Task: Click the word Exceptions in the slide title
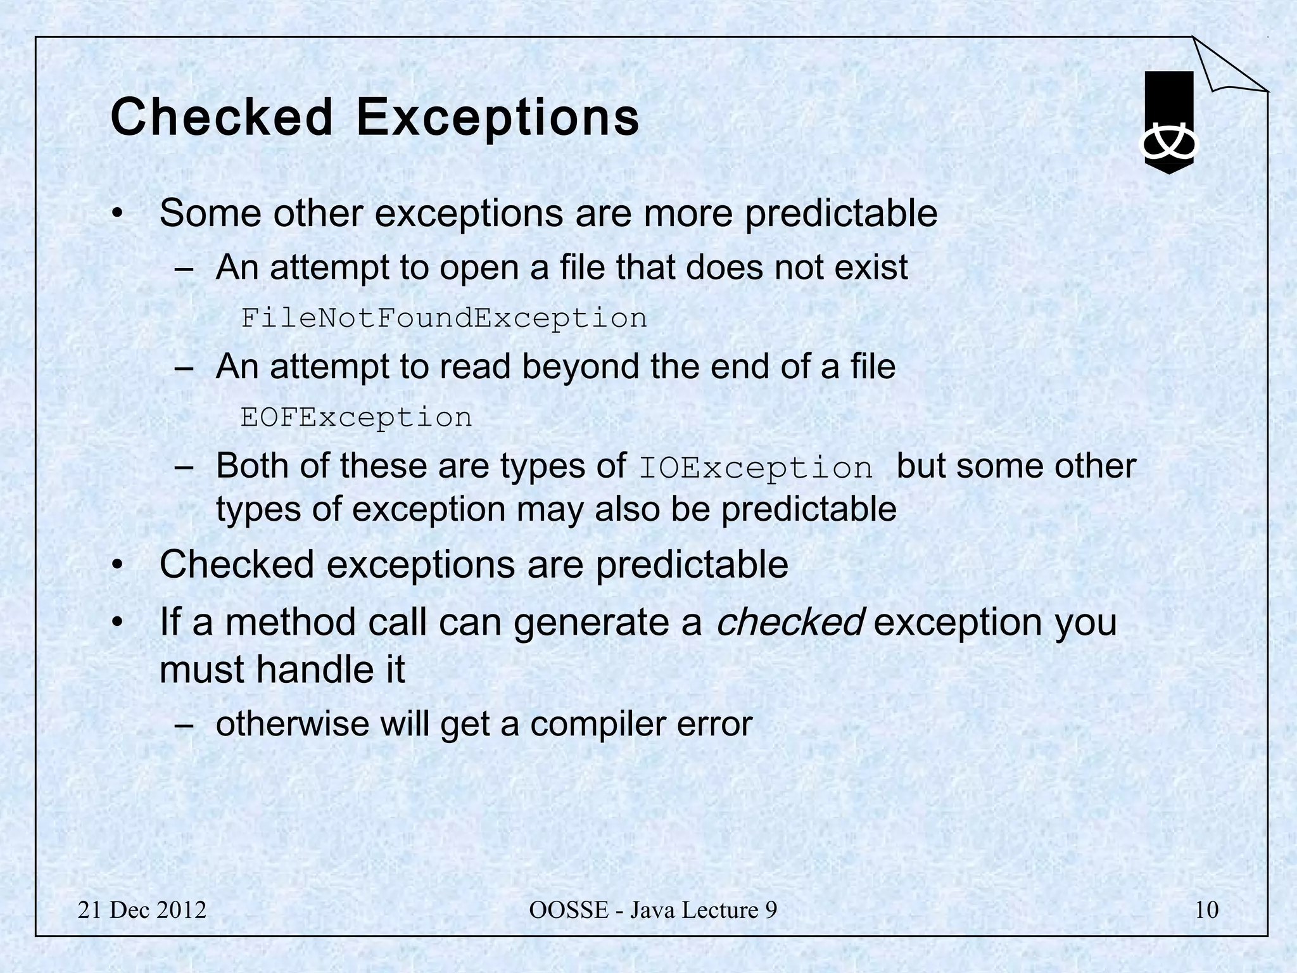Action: click(x=498, y=118)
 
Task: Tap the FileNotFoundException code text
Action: click(x=444, y=318)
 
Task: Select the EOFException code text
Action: click(x=357, y=417)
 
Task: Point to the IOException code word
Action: click(x=756, y=469)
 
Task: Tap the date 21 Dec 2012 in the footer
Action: click(x=142, y=910)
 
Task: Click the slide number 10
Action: click(x=1206, y=910)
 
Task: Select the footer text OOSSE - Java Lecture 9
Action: click(x=653, y=910)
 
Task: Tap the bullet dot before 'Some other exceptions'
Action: click(x=117, y=215)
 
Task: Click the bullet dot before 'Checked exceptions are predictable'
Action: click(x=117, y=566)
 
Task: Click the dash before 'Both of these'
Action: click(x=183, y=468)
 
